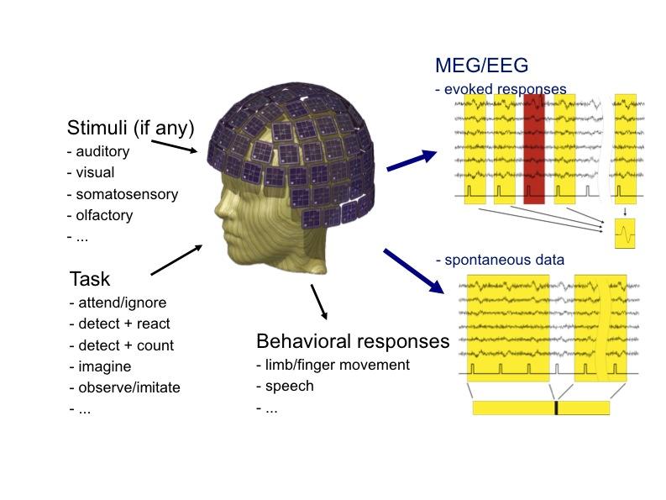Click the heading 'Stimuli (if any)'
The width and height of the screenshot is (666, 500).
click(x=130, y=129)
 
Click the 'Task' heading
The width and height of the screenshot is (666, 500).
click(x=90, y=279)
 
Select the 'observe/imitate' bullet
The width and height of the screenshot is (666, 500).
click(x=128, y=387)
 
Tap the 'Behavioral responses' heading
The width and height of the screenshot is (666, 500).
click(x=353, y=342)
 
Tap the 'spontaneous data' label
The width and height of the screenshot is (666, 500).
click(x=504, y=260)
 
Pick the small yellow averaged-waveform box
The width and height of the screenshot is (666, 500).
click(x=625, y=234)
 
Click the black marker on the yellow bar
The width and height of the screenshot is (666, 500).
click(x=556, y=408)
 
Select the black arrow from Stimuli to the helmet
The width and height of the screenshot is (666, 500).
click(x=177, y=147)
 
